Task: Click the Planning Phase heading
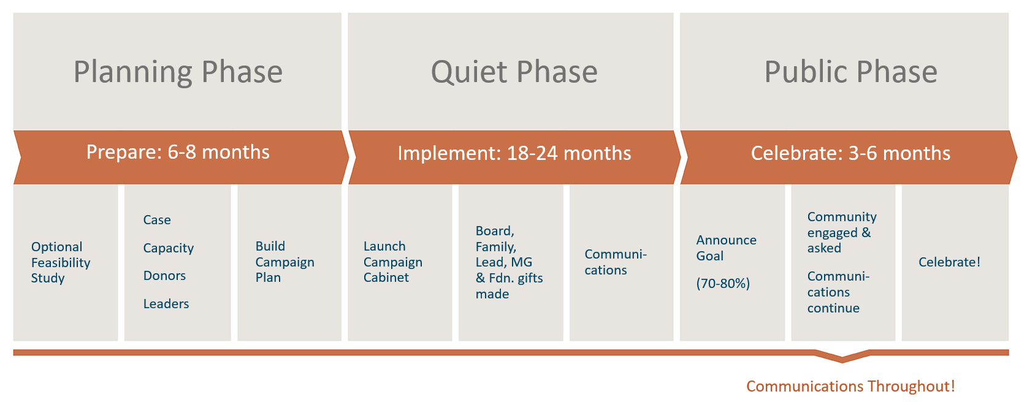point(178,72)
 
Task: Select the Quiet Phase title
point(514,72)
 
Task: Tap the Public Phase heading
point(850,72)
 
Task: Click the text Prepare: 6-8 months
point(178,152)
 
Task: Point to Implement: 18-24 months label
point(514,153)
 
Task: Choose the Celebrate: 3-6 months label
point(850,153)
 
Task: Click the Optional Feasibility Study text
point(61,262)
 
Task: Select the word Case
point(157,220)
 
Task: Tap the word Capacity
point(168,248)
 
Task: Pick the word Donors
point(164,276)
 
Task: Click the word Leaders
point(166,304)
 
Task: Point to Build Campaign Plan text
point(284,262)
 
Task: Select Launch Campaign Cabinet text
point(392,262)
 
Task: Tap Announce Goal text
point(726,248)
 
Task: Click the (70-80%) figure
point(723,284)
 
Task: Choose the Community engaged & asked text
point(841,232)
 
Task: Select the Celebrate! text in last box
point(949,262)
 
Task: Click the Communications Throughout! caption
point(850,387)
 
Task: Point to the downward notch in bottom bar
point(842,357)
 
